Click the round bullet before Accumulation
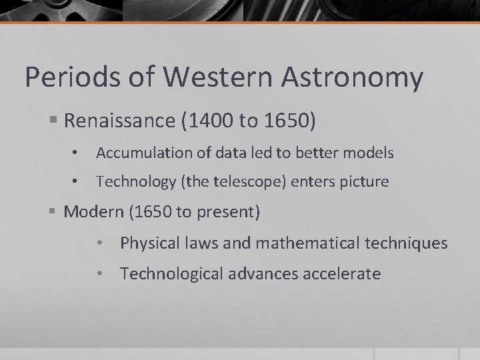tap(77, 153)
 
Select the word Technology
tap(132, 181)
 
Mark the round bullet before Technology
tap(77, 181)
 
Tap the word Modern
tap(94, 213)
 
